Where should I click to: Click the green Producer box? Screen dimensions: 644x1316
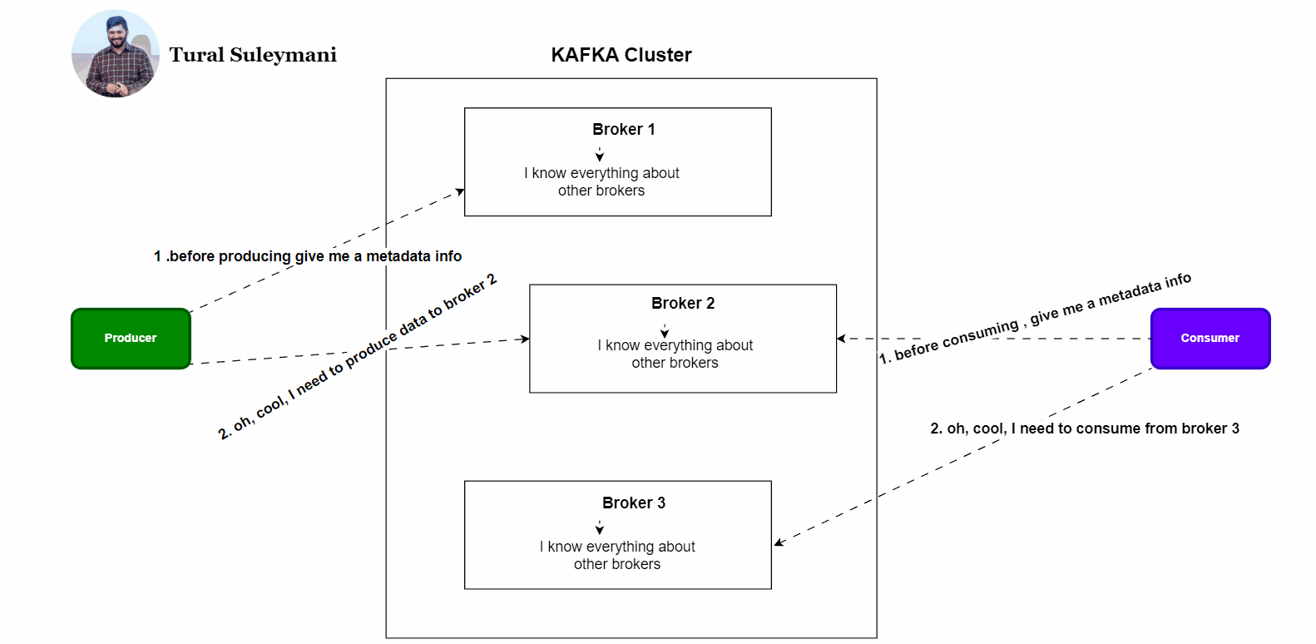pos(131,338)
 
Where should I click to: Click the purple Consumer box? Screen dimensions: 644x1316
pos(1210,338)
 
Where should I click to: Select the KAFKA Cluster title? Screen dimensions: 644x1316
pos(621,55)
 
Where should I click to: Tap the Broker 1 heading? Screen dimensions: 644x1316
pos(623,129)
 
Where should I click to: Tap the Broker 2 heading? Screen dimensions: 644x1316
pos(682,303)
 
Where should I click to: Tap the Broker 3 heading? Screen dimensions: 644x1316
pos(633,503)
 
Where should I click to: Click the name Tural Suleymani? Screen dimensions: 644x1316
pos(253,55)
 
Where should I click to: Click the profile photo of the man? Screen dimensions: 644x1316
pos(116,54)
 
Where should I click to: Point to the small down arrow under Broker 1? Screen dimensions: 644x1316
pos(599,156)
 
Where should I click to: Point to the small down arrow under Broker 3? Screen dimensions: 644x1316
pos(599,529)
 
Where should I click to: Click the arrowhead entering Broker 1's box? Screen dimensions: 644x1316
pos(459,192)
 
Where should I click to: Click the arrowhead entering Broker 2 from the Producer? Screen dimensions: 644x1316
pos(524,339)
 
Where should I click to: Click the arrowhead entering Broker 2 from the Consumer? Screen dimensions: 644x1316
pos(842,339)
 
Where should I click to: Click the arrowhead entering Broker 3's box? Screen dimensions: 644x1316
pos(779,542)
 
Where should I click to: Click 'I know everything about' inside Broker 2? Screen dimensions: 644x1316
pos(675,345)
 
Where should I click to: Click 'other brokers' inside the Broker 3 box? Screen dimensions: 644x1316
pos(616,564)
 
